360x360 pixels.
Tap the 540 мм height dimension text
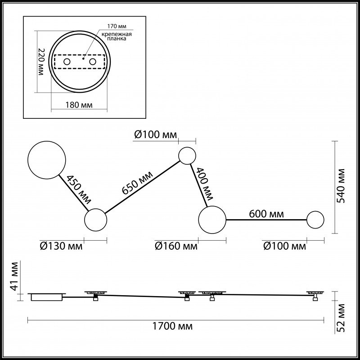click(x=342, y=187)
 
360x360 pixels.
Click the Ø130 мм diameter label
click(x=62, y=246)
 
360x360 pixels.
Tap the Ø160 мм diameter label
click(x=176, y=246)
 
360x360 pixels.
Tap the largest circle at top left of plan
click(x=47, y=160)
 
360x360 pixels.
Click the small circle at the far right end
click(x=315, y=220)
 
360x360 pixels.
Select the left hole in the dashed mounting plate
click(x=67, y=61)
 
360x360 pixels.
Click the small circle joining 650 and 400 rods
click(x=187, y=156)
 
